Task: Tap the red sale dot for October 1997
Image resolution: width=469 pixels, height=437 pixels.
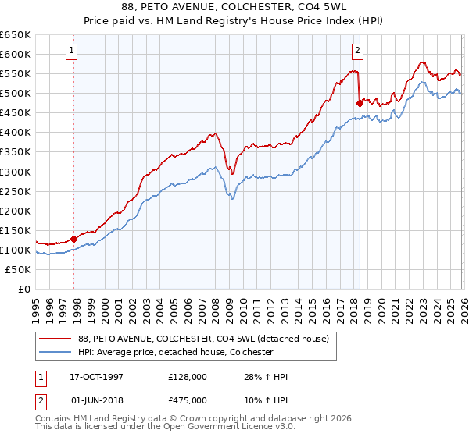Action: tap(74, 239)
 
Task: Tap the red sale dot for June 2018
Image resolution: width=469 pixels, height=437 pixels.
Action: tap(360, 102)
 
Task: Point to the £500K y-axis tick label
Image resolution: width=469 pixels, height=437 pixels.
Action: tap(16, 94)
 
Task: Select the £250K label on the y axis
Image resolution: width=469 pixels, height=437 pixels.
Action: tap(16, 191)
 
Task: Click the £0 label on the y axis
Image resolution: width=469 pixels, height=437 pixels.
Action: tap(25, 289)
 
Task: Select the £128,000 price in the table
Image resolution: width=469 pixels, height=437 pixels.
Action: tap(184, 377)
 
